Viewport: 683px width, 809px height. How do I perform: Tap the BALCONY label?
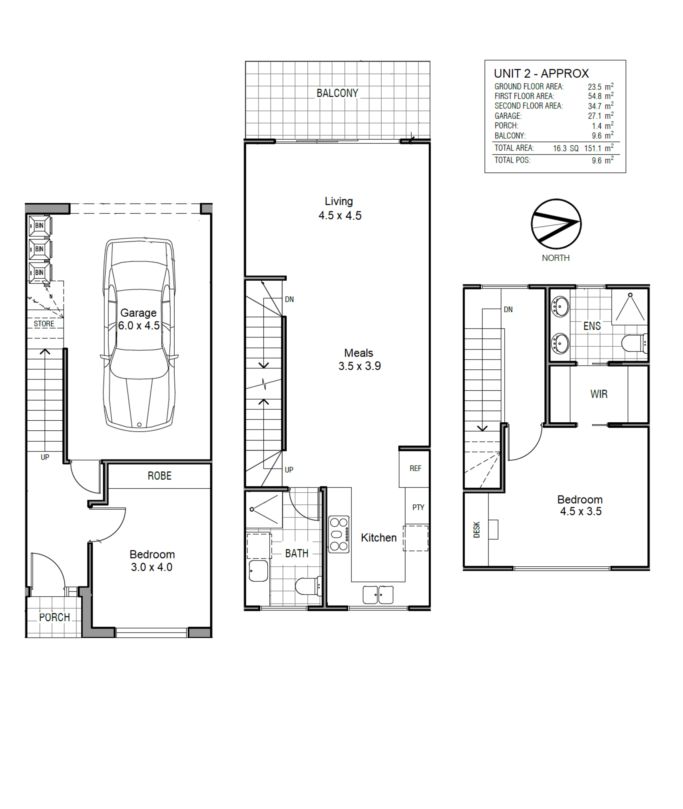click(x=337, y=93)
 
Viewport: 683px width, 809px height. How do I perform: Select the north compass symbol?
click(x=556, y=224)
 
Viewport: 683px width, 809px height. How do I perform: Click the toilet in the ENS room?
click(x=634, y=343)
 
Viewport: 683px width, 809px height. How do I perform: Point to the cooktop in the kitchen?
click(x=339, y=534)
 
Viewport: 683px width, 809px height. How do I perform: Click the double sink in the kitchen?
click(x=378, y=595)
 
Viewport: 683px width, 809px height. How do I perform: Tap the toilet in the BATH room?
click(x=309, y=586)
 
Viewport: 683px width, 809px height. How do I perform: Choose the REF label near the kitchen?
click(x=415, y=468)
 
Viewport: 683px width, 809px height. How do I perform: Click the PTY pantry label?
click(x=418, y=507)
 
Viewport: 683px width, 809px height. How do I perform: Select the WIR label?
click(x=599, y=394)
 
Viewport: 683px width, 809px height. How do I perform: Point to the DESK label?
click(x=477, y=529)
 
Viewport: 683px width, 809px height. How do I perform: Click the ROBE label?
click(x=159, y=476)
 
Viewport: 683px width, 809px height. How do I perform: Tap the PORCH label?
click(x=55, y=617)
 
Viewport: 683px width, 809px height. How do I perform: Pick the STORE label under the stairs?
click(x=44, y=324)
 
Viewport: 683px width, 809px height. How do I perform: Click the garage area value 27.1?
click(x=594, y=116)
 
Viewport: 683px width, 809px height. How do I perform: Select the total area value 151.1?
click(x=593, y=148)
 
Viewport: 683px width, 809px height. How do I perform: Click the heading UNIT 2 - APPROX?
click(x=541, y=74)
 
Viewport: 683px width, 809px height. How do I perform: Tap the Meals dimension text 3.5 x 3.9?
click(x=359, y=366)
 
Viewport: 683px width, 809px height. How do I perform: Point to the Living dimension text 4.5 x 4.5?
click(x=340, y=216)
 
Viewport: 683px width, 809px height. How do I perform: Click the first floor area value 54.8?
click(x=594, y=96)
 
